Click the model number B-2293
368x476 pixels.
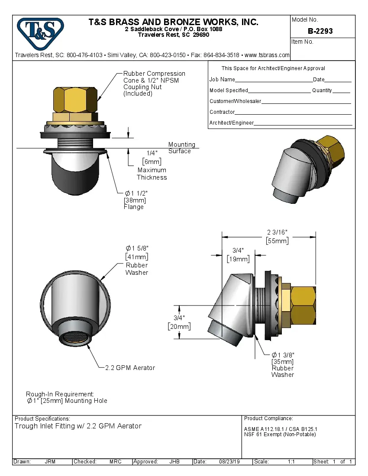click(x=320, y=31)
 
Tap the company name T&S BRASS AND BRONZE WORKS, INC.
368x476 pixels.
click(x=173, y=22)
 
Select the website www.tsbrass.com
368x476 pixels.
click(x=267, y=55)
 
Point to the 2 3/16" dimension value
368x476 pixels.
click(x=277, y=233)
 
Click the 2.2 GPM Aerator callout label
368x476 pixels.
click(x=130, y=368)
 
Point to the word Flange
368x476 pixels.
click(x=134, y=207)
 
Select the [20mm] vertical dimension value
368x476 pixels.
click(x=179, y=326)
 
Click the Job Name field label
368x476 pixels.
click(x=222, y=80)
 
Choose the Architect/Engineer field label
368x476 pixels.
click(x=232, y=123)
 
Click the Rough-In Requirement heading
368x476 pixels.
click(x=60, y=394)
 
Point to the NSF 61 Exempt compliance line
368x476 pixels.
click(x=280, y=434)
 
